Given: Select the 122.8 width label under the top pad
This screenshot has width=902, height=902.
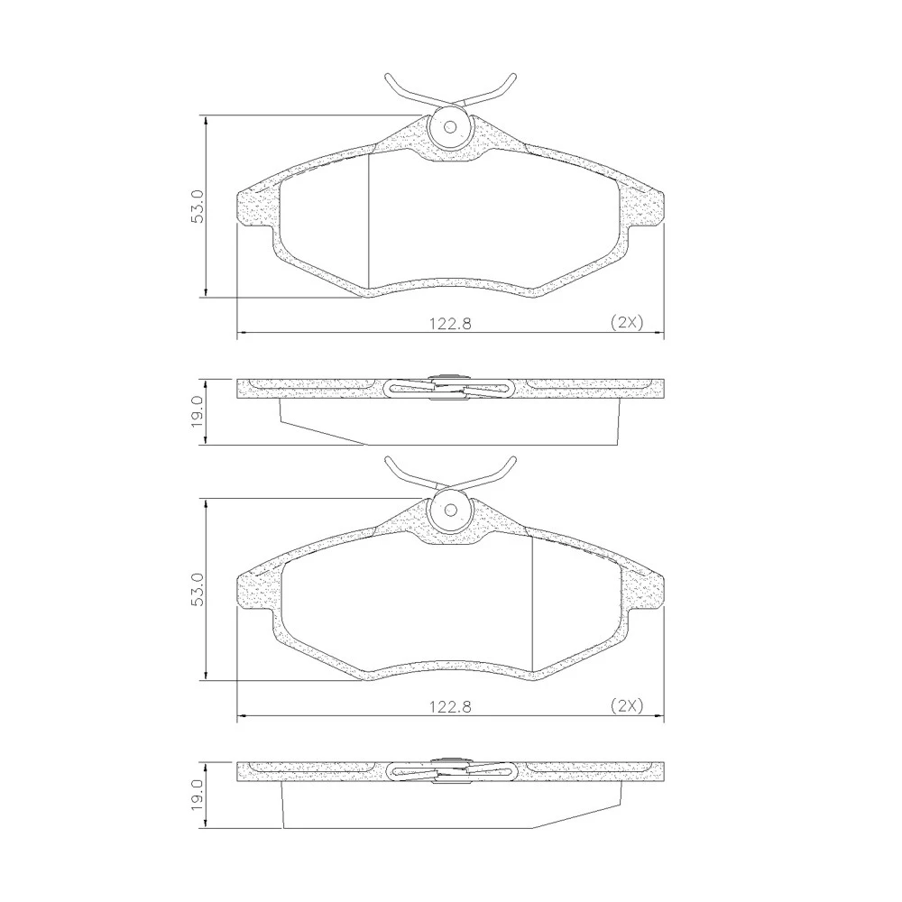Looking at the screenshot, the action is (x=450, y=323).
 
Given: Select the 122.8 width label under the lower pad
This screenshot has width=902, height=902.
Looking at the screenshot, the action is (x=450, y=706).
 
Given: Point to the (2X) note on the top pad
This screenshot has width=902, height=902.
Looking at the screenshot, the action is (x=627, y=323).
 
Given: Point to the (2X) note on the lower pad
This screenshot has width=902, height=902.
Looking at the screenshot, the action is (x=627, y=706).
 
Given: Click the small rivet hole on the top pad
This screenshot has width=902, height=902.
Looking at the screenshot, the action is (x=450, y=127).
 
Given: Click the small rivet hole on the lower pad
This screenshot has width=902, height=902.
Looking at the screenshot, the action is (x=450, y=511).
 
